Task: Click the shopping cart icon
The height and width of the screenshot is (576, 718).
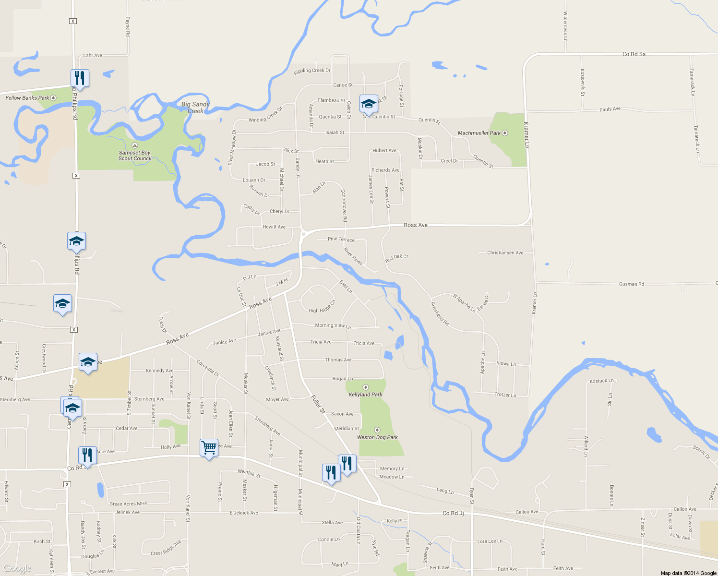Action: tap(209, 448)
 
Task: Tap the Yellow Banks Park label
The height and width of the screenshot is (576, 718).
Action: tap(27, 98)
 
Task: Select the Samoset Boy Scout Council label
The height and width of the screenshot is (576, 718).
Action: tap(135, 156)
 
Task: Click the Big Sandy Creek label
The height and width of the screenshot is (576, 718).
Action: tap(195, 108)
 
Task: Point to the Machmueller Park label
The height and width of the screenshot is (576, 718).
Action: tap(479, 133)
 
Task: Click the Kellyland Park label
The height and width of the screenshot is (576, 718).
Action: tap(366, 395)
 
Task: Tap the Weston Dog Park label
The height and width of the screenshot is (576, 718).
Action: tap(377, 437)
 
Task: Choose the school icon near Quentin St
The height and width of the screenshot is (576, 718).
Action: tap(369, 104)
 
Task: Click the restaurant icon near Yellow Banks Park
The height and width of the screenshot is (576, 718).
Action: tap(80, 78)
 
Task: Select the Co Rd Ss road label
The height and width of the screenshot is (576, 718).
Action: tap(634, 54)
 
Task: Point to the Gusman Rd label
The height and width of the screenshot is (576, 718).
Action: tap(631, 284)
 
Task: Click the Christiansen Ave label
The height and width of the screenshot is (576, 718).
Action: tap(505, 252)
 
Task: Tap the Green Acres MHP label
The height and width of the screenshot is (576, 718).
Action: tap(129, 504)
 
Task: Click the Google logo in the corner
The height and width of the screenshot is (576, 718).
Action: tap(17, 569)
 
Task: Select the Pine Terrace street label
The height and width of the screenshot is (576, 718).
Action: tap(341, 239)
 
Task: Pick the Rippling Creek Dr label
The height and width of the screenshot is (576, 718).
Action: tap(312, 71)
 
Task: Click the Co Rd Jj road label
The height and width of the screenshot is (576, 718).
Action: tap(453, 514)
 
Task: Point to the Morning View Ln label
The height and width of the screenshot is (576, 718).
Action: tap(333, 325)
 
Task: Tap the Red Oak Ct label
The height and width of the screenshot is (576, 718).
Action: tap(396, 258)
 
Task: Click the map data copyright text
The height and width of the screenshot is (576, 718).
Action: tap(688, 573)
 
